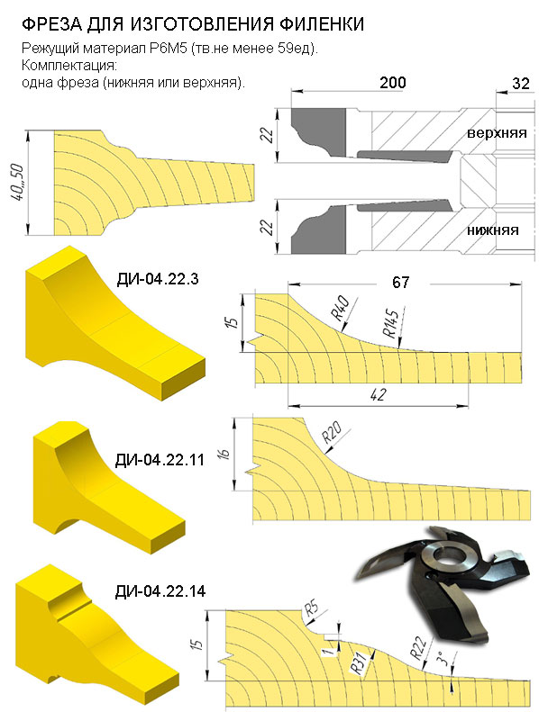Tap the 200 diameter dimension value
tap(393, 83)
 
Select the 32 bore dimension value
tap(521, 83)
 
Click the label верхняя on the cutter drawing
tap(497, 133)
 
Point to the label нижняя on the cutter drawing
tap(493, 230)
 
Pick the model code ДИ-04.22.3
tap(158, 279)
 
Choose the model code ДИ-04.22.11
tap(160, 460)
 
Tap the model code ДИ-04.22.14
tap(160, 591)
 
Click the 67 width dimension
tap(400, 283)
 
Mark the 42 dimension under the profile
tap(378, 394)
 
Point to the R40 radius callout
tap(339, 308)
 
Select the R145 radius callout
tap(390, 322)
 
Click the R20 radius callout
tap(332, 432)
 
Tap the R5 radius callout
tap(311, 608)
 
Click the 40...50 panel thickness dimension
tap(18, 184)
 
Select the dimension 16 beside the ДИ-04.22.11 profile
tap(225, 454)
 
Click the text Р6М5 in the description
tap(169, 49)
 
